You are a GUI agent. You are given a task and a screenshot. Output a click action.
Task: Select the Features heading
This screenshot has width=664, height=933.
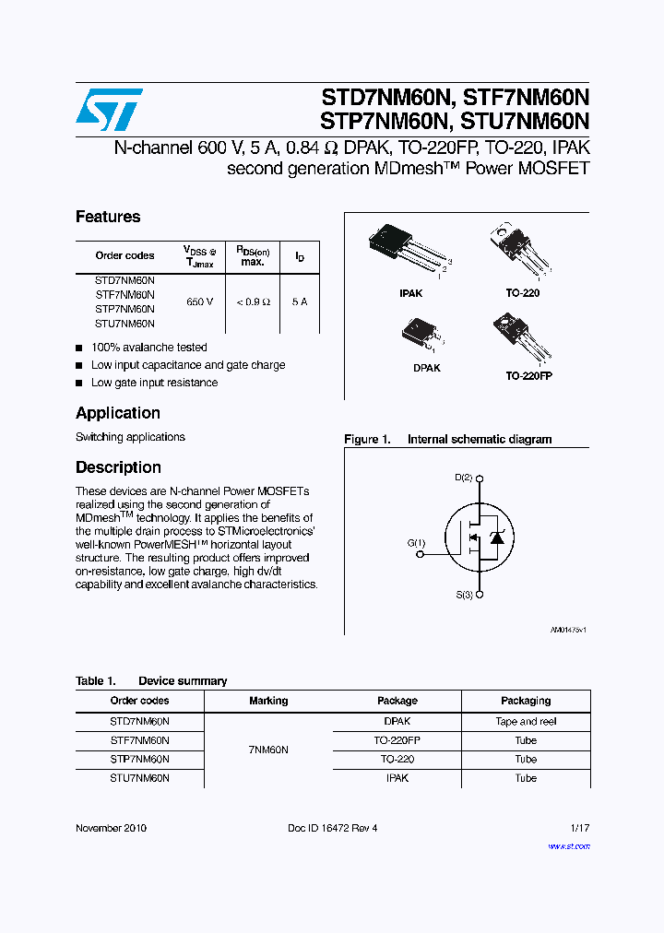[x=108, y=217]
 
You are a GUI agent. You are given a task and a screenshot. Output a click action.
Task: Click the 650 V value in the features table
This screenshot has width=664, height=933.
[x=199, y=301]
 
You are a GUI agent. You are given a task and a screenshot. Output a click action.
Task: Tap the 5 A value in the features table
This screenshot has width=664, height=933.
[x=300, y=301]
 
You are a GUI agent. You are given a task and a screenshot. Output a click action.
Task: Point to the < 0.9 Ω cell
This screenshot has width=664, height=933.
[x=252, y=301]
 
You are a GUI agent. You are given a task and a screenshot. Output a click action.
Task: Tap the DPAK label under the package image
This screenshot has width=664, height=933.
[x=426, y=368]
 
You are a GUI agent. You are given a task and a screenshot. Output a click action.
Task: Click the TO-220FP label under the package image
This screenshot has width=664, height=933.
[x=528, y=376]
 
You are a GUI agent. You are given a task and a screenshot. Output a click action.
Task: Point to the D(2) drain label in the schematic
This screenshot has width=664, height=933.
[x=463, y=478]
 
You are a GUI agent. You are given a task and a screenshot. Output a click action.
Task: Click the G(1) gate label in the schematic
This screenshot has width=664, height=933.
[x=416, y=543]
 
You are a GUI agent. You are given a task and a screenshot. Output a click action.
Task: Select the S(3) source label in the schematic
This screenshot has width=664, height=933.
[x=463, y=596]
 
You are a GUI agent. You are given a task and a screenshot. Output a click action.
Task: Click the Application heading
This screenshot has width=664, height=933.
[x=118, y=413]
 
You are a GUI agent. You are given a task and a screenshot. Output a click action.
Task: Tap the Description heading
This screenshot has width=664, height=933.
[x=118, y=467]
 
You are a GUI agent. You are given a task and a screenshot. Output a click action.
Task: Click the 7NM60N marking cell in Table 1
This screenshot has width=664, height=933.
[x=268, y=750]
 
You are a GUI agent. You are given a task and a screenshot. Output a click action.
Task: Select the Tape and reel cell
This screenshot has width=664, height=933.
[x=526, y=722]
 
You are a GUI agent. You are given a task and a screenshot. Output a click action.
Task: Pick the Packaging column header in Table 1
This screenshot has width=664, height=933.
[x=526, y=701]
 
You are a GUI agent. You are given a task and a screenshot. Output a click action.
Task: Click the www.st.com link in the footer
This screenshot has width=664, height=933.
[x=569, y=845]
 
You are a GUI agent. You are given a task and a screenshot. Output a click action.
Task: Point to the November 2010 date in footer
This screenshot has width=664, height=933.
[x=111, y=828]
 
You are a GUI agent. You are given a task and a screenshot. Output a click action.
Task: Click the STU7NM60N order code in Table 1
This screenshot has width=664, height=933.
[x=139, y=778]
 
